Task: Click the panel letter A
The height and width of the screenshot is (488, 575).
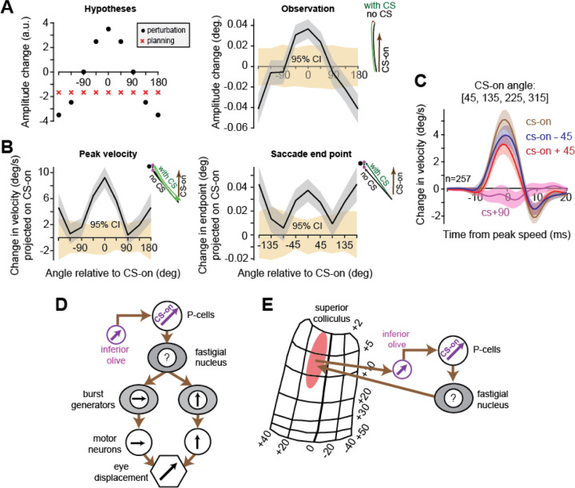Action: (10, 7)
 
